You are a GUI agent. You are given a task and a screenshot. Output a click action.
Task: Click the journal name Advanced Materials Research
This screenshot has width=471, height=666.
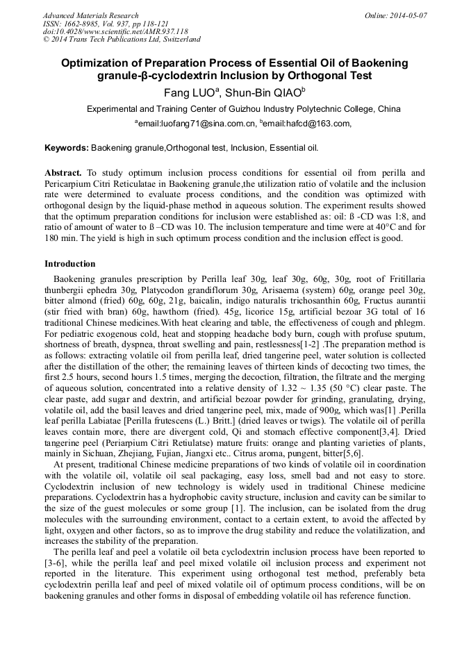pos(90,15)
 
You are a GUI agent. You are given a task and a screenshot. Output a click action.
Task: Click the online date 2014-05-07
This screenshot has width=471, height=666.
pos(408,15)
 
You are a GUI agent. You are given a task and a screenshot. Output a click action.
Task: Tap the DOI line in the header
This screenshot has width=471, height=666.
pos(115,32)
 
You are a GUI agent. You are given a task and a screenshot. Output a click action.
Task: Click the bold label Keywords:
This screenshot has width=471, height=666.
pos(67,148)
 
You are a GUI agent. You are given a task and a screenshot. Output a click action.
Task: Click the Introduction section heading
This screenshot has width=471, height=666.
pos(69,264)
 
